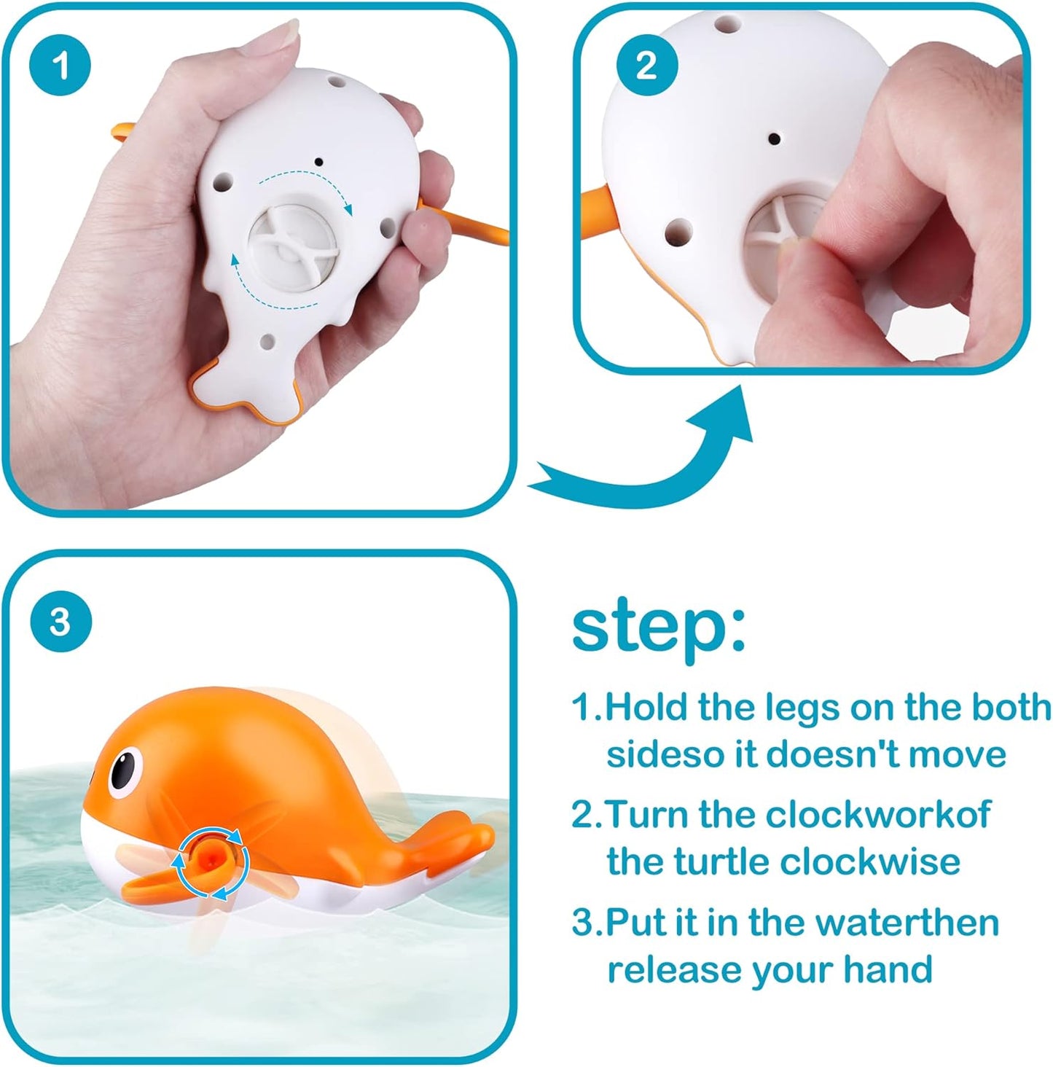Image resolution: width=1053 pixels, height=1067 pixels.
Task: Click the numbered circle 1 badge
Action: (60, 66)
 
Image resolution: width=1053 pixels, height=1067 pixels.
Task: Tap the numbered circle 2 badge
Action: (647, 66)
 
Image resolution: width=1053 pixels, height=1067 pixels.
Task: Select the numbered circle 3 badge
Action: (60, 622)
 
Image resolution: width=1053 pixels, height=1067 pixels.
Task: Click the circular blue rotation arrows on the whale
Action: (211, 864)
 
